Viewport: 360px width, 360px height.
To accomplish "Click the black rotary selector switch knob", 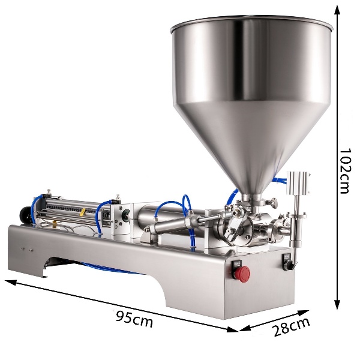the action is (289, 266).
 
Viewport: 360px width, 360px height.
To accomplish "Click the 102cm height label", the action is (345, 171).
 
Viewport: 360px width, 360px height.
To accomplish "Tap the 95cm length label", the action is (134, 318).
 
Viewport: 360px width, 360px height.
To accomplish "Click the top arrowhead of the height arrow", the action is (337, 10).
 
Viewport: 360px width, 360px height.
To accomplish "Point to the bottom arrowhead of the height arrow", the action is (337, 304).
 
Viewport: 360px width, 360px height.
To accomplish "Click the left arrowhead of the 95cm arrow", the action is (10, 283).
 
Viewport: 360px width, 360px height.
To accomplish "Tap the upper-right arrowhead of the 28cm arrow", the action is (303, 313).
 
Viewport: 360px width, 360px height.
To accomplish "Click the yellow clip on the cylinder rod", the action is (82, 212).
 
